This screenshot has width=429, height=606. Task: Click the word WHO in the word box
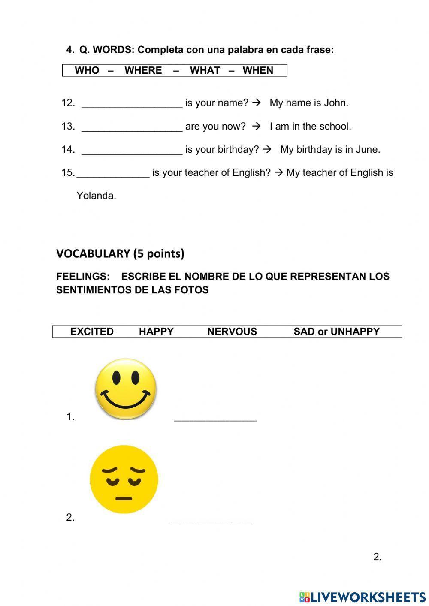(87, 70)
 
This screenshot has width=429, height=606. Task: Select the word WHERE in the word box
(143, 70)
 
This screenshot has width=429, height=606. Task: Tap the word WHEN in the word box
(258, 70)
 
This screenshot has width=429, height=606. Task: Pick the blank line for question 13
(132, 127)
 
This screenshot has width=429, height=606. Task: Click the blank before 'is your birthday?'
(132, 151)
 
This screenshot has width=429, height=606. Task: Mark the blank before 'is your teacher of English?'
(113, 174)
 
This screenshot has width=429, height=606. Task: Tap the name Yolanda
(96, 196)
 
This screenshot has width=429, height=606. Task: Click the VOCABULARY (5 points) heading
(120, 253)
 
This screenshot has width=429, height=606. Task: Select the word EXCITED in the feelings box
(92, 332)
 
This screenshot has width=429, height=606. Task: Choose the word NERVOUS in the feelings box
(232, 332)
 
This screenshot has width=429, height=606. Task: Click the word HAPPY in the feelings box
(156, 332)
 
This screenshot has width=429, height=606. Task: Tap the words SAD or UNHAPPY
(336, 332)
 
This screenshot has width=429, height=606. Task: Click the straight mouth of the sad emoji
(124, 498)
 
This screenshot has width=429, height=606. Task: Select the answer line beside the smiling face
(215, 419)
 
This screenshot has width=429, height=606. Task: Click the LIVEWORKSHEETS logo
(363, 597)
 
